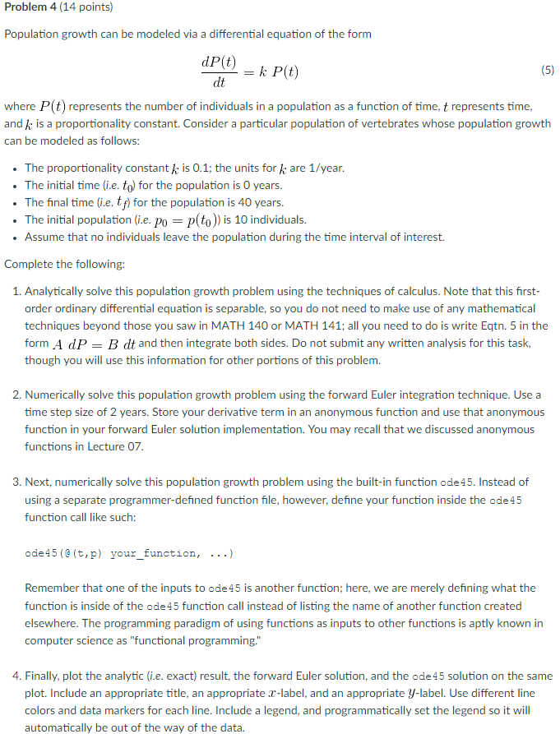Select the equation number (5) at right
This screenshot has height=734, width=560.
tap(548, 71)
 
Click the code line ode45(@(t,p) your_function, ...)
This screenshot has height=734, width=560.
tap(129, 553)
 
